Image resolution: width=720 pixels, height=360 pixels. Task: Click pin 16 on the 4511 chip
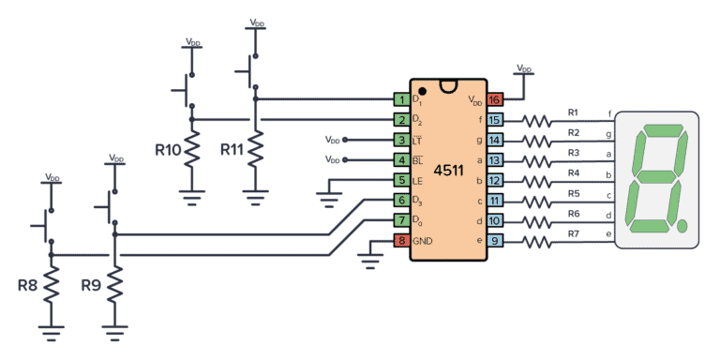494,99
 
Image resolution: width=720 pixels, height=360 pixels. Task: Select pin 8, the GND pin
401,241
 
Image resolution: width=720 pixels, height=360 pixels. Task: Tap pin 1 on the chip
401,99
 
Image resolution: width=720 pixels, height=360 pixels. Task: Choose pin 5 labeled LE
401,180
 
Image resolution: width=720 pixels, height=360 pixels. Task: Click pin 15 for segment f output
494,120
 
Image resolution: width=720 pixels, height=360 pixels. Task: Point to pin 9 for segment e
494,241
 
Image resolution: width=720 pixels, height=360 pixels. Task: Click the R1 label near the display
574,112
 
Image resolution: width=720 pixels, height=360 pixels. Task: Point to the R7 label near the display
574,234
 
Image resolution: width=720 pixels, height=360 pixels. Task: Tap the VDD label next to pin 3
333,140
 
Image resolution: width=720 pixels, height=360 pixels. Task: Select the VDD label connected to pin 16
524,69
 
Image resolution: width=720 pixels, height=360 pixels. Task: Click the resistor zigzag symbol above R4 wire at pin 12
538,180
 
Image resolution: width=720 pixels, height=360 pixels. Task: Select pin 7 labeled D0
401,220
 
